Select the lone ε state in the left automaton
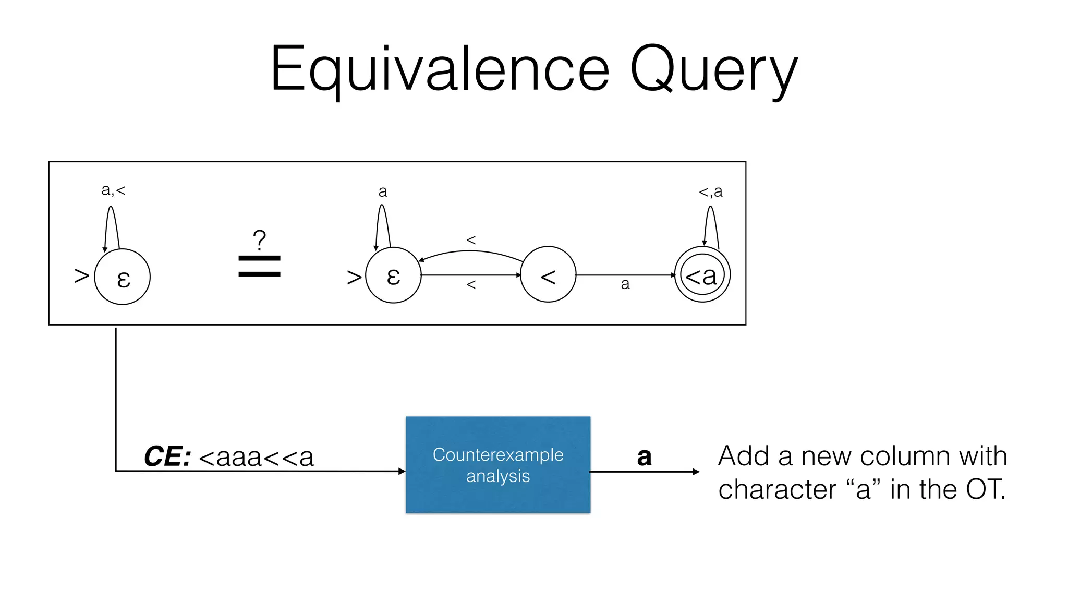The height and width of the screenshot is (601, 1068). coord(123,277)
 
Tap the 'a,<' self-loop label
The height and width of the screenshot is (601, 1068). coord(113,190)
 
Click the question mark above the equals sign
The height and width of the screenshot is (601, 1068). coord(259,241)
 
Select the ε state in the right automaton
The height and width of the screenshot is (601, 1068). coord(393,275)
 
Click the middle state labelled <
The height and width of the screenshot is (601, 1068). coord(548,274)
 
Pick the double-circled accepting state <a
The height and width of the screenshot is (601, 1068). coord(702,275)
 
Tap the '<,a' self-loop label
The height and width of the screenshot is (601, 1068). coord(710,191)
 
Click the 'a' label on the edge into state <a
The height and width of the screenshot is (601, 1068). coord(625,284)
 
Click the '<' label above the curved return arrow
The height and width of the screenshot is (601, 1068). coord(471,240)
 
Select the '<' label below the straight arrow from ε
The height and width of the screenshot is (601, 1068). coord(471,285)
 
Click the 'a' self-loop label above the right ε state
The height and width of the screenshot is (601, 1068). coord(383,191)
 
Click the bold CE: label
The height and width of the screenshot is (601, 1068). coord(167,457)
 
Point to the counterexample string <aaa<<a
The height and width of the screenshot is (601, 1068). coord(256,458)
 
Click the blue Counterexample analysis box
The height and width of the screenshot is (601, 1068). coord(498,465)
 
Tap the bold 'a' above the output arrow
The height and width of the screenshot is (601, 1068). coord(644,457)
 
